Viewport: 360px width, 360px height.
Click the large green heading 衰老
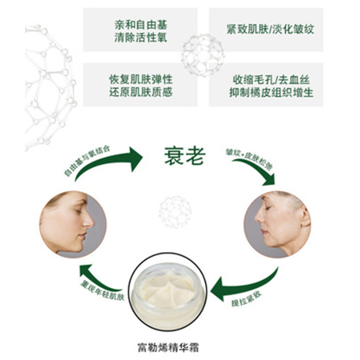(x=184, y=156)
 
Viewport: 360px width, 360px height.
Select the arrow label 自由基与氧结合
(x=87, y=160)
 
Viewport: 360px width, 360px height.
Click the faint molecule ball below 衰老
(x=175, y=211)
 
